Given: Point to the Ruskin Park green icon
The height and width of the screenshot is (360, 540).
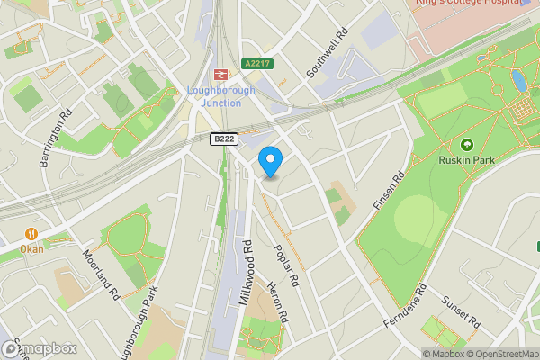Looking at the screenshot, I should pyautogui.click(x=466, y=145).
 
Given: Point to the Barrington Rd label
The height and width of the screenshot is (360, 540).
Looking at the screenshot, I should pyautogui.click(x=54, y=139).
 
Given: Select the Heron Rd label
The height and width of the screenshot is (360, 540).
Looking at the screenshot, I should pyautogui.click(x=277, y=302).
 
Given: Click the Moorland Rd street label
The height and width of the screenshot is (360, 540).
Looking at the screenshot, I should pyautogui.click(x=102, y=274).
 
